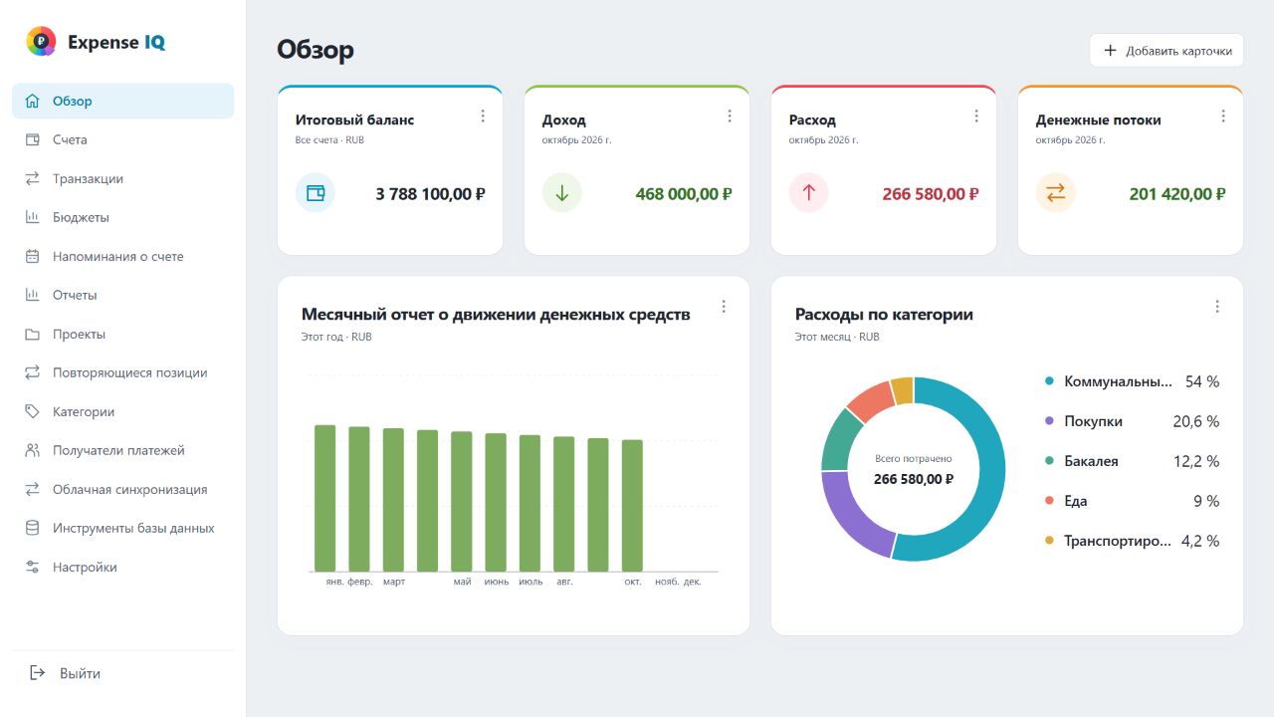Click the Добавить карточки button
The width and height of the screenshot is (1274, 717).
[x=1166, y=51]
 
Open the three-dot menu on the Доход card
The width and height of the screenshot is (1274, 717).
[x=730, y=117]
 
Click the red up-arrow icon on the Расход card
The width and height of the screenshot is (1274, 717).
[x=809, y=193]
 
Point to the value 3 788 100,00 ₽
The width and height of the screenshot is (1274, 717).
[x=430, y=194]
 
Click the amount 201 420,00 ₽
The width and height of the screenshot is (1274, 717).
[x=1177, y=194]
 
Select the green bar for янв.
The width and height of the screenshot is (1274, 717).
[x=324, y=498]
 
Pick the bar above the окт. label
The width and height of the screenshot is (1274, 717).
[x=632, y=505]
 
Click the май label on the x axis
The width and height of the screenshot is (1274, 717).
[x=462, y=582]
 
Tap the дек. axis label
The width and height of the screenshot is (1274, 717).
[x=692, y=582]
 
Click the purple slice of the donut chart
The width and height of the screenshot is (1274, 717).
[x=849, y=519]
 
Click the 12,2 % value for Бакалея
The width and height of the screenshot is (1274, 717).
[x=1196, y=461]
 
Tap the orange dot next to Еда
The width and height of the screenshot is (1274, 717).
[x=1049, y=500]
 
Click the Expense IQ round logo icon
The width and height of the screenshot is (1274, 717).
[x=41, y=41]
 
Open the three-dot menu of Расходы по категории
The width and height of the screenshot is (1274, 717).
[x=1217, y=307]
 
